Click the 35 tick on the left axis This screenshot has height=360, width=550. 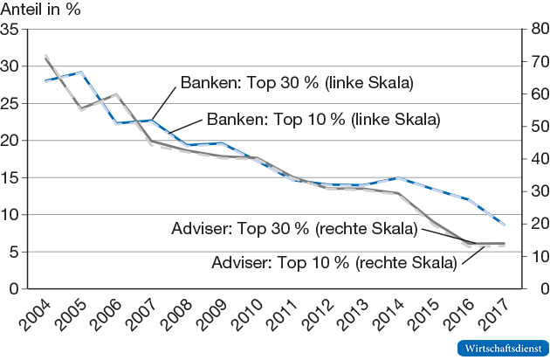pos(11,29)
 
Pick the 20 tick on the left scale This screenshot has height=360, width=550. pos(11,140)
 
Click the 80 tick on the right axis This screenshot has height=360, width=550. pos(537,29)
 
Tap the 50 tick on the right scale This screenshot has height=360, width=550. pos(537,127)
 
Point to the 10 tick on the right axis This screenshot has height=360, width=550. pos(537,256)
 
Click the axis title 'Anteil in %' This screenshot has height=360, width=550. pos(41,9)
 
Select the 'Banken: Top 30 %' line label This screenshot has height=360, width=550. pos(296,83)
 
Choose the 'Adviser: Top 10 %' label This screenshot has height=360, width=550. pos(334,261)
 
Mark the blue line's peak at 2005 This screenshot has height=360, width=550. pos(80,73)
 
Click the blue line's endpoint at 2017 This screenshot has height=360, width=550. pos(504,225)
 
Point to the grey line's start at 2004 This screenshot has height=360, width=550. pos(45,58)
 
